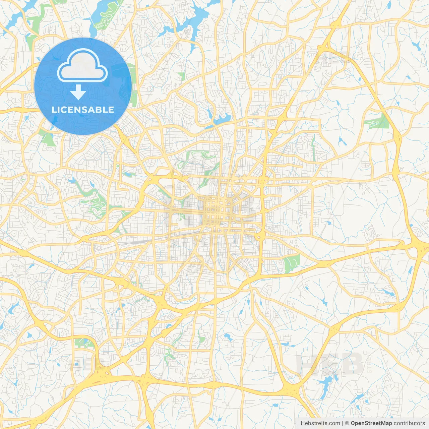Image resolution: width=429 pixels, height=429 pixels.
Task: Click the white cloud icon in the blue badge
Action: coord(82,66)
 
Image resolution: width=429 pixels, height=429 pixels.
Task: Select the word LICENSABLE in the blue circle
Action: coord(83,110)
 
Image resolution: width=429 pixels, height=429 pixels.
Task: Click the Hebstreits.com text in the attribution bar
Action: coord(320,423)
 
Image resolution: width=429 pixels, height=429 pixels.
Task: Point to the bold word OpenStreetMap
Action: coord(371,423)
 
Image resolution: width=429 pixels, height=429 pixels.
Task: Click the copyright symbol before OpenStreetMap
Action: coord(347,423)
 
